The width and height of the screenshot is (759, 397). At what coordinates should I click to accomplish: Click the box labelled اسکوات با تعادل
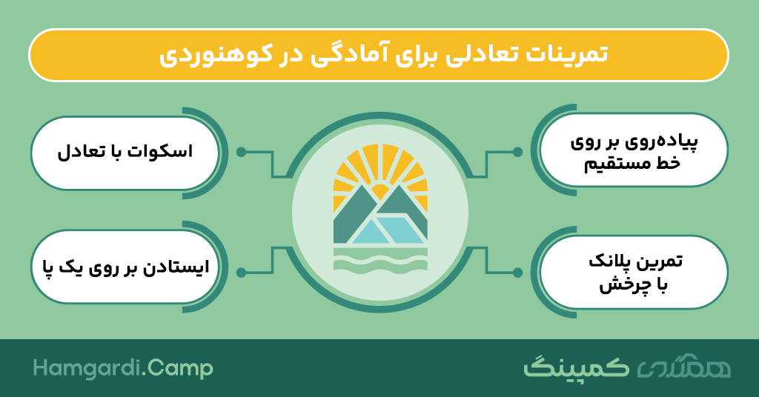click(x=125, y=153)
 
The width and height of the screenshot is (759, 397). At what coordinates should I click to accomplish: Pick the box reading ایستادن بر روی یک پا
click(x=125, y=267)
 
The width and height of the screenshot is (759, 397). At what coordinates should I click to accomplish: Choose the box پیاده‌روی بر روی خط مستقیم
click(x=633, y=150)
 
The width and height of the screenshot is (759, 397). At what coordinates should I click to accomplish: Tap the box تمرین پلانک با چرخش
click(x=633, y=272)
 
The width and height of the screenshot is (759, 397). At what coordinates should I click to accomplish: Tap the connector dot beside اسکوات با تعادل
click(x=241, y=153)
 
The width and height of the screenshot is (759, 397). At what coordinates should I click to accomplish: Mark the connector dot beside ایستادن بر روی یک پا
click(x=241, y=273)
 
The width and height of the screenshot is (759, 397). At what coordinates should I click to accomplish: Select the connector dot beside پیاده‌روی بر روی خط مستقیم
click(x=517, y=153)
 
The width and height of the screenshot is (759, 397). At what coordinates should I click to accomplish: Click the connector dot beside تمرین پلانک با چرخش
click(x=517, y=273)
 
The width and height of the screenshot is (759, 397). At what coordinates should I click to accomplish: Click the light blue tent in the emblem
click(x=387, y=230)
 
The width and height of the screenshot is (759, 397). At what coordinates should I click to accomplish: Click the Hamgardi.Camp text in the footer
click(x=123, y=368)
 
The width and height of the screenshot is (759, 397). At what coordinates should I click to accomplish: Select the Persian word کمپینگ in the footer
click(x=576, y=367)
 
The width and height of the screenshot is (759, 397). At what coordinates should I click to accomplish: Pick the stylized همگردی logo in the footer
click(x=683, y=368)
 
